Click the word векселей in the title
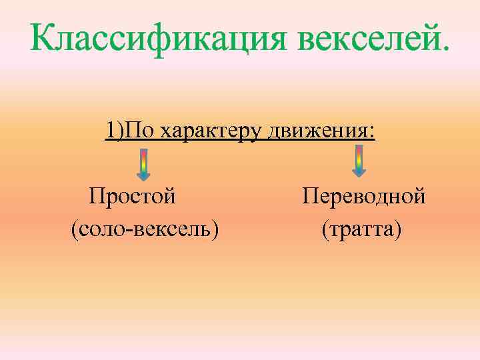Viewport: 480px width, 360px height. click(x=369, y=42)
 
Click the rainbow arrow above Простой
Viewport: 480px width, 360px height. click(x=143, y=164)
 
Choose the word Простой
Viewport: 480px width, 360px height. click(x=133, y=197)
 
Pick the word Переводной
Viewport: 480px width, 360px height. click(x=363, y=197)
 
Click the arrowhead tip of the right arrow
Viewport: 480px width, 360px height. click(x=359, y=176)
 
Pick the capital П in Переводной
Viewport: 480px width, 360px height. click(x=309, y=197)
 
